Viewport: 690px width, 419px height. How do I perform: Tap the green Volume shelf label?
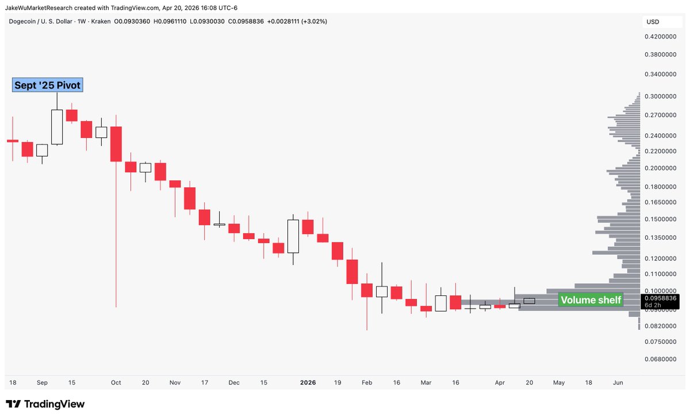(591, 300)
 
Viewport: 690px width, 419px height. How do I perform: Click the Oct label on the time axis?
(116, 382)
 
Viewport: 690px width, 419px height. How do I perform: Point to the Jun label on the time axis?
(618, 382)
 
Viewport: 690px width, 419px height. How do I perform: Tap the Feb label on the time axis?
(367, 382)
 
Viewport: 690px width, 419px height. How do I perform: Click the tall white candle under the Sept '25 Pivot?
(57, 126)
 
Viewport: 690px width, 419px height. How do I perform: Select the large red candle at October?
(116, 144)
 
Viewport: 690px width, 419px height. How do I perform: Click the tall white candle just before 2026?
(293, 236)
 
